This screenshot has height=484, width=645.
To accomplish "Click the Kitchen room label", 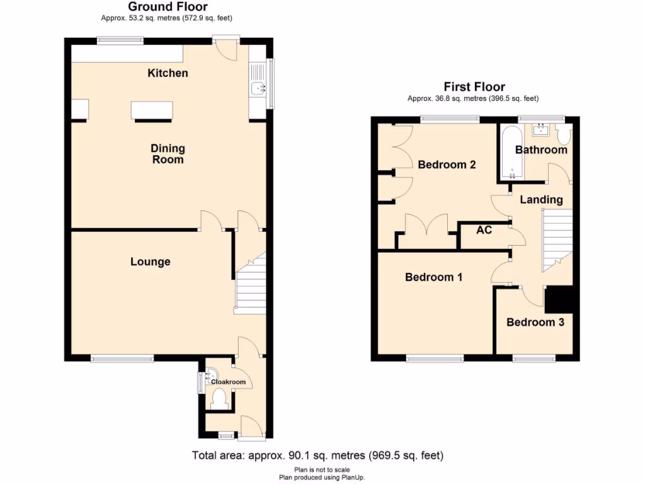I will (x=168, y=73).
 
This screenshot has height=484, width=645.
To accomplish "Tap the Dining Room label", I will (x=168, y=154).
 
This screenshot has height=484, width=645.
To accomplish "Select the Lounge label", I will (x=150, y=262).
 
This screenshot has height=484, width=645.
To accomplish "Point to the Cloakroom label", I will (x=228, y=382).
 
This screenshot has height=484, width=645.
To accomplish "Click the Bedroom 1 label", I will (x=429, y=277).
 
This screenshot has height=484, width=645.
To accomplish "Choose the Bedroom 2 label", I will (x=447, y=164).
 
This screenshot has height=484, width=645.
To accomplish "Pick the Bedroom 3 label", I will (x=535, y=322).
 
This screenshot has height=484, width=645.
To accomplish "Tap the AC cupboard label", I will (x=484, y=231).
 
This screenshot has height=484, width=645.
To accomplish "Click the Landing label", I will (x=541, y=200).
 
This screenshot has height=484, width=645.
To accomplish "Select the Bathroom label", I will (x=541, y=149).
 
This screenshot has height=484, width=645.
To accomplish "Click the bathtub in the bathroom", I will (x=511, y=154).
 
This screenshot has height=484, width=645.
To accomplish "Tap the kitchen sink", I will (x=257, y=89).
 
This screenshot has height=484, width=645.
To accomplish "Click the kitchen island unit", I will (x=151, y=111).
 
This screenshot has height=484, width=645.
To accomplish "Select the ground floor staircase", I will (x=250, y=287).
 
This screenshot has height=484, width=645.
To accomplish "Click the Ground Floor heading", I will (x=168, y=7).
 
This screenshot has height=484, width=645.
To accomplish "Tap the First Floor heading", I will (x=474, y=87).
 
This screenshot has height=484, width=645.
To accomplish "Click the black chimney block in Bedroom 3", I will (x=558, y=299).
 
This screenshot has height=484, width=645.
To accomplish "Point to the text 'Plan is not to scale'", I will (x=322, y=470).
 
